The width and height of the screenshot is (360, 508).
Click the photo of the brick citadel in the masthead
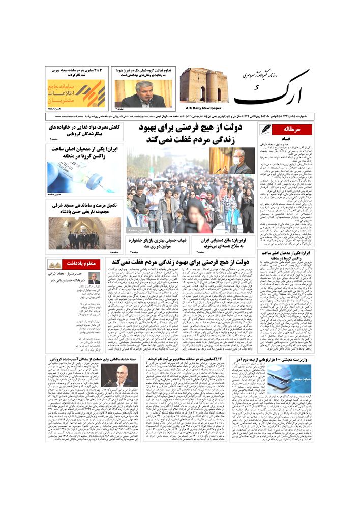(203, 85)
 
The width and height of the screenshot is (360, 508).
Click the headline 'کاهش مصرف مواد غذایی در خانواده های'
(85, 127)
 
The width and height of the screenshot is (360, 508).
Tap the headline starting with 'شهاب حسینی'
(153, 243)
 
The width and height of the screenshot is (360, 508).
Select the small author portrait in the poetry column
(94, 278)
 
